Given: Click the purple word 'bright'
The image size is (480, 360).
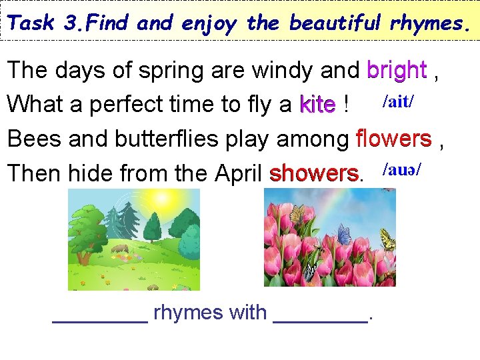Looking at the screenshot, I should [x=397, y=69].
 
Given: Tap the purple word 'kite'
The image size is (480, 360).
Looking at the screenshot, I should [x=317, y=105].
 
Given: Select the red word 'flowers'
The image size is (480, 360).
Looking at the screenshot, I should [x=393, y=139].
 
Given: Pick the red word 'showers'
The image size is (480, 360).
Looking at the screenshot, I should [x=313, y=173].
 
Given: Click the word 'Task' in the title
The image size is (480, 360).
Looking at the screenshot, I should [x=33, y=23].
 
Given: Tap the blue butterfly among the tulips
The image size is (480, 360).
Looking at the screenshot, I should [x=344, y=234].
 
